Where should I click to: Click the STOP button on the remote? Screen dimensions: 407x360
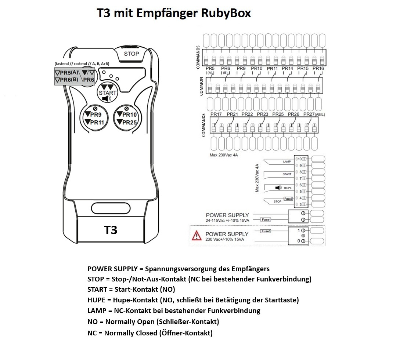(x=132, y=54)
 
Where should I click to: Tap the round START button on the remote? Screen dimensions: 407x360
(x=108, y=92)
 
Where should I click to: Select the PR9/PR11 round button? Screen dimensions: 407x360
(x=94, y=119)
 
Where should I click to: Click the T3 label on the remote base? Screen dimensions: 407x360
(x=111, y=230)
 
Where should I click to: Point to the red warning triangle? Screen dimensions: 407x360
(x=197, y=236)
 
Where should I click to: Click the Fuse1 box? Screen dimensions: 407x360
(x=266, y=220)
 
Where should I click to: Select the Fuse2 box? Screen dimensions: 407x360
(x=288, y=199)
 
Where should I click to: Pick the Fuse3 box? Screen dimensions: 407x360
(x=266, y=231)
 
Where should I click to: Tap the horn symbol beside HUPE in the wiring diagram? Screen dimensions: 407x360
(x=278, y=188)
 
